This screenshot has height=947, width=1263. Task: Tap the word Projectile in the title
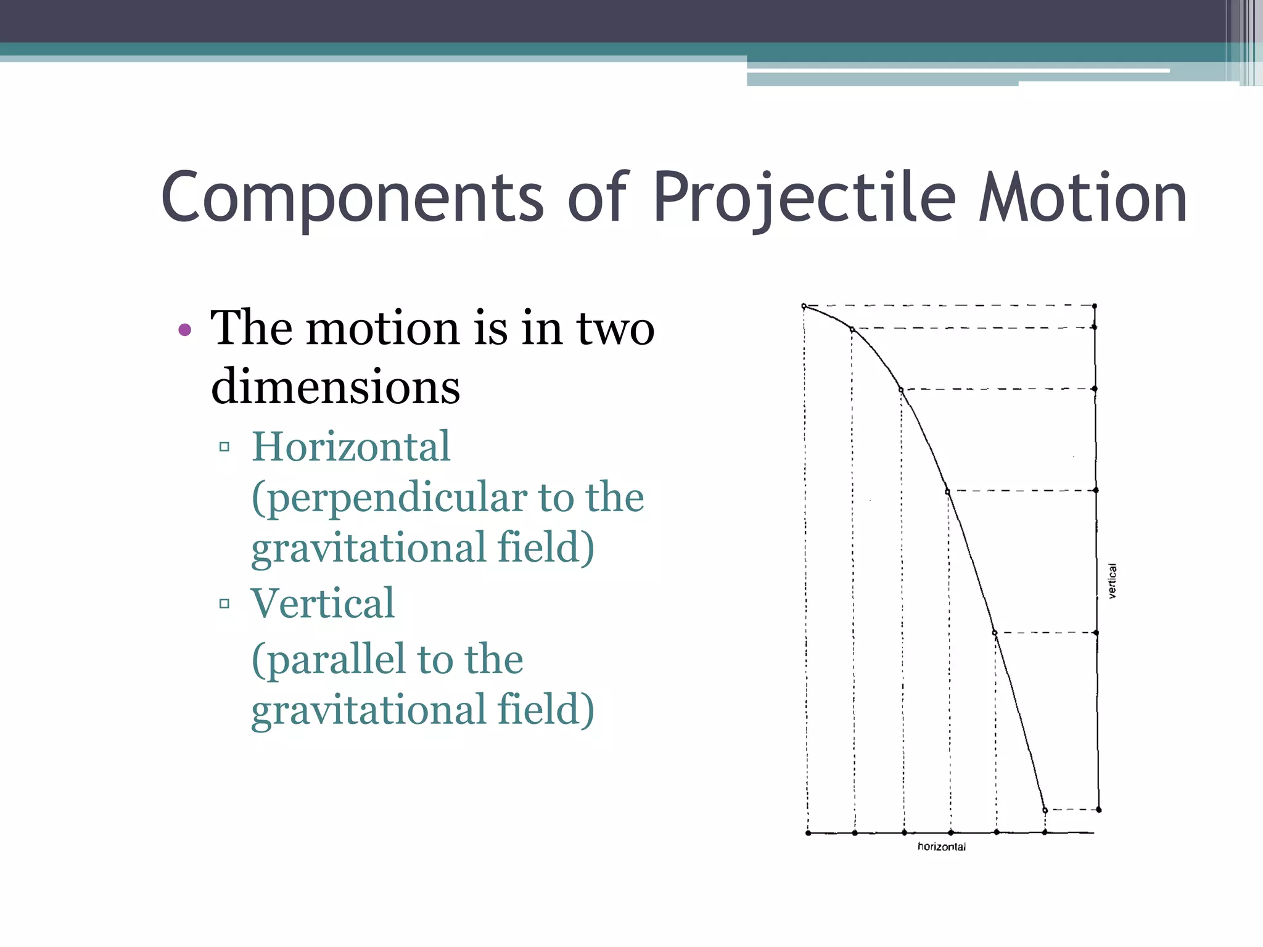tap(804, 197)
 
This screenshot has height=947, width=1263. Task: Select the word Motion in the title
tap(1082, 197)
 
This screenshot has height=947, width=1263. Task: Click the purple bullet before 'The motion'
tap(184, 330)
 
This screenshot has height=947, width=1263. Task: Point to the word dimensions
tap(335, 387)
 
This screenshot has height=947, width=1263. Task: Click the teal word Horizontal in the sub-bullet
tap(351, 446)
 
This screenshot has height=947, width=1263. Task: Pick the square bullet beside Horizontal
tap(224, 446)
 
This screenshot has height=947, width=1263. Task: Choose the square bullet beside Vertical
tap(224, 603)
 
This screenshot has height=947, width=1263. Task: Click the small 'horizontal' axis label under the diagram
tap(942, 847)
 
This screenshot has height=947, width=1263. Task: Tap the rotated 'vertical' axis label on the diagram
tap(1113, 581)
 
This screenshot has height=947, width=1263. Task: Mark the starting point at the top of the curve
tap(804, 306)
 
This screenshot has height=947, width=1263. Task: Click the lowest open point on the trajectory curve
tap(1045, 810)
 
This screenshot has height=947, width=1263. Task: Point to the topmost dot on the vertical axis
tap(1095, 306)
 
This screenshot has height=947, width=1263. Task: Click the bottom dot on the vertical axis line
tap(1099, 810)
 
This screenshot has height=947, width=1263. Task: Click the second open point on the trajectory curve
tap(853, 330)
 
